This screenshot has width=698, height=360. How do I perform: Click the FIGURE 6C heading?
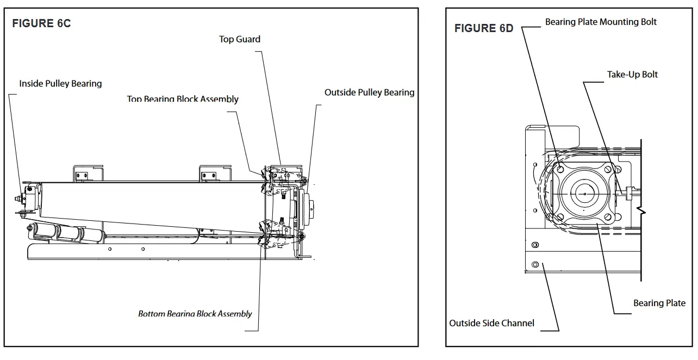pos(41,23)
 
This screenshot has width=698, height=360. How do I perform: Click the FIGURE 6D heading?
pos(484,28)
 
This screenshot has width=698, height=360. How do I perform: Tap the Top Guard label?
pos(239,39)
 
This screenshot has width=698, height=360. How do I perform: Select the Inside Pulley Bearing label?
pos(60,84)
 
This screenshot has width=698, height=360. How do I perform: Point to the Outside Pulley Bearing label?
pos(369,92)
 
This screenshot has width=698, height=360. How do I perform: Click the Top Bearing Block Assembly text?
pos(183,99)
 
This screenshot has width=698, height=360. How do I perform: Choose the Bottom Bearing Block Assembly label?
pos(195,314)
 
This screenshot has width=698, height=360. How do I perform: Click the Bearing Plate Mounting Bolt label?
pos(601,22)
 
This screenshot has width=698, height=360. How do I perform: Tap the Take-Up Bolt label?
pos(632,75)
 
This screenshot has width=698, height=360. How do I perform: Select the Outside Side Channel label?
pos(491,323)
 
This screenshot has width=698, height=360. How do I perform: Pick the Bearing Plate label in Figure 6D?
pos(659,303)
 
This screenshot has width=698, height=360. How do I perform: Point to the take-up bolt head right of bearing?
pos(630,193)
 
